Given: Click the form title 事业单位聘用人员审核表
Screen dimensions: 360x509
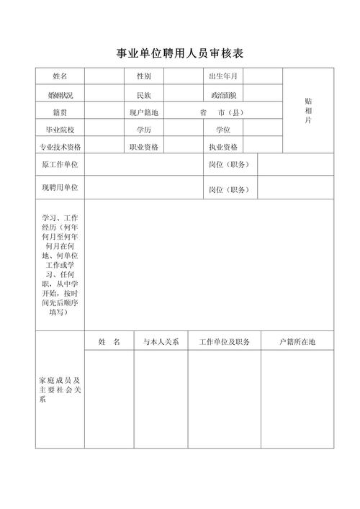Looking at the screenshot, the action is pyautogui.click(x=180, y=53).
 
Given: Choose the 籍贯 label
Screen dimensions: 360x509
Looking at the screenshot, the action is pyautogui.click(x=60, y=112).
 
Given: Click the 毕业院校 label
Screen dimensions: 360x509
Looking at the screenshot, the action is pyautogui.click(x=60, y=130).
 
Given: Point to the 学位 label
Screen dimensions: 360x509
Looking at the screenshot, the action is pyautogui.click(x=222, y=130).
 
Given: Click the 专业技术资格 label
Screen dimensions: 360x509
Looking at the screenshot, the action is pyautogui.click(x=60, y=146).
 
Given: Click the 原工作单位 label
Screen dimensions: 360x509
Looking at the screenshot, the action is pyautogui.click(x=60, y=164).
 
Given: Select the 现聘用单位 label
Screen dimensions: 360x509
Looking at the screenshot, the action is pyautogui.click(x=60, y=187).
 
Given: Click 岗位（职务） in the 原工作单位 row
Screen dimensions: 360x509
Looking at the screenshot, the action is pyautogui.click(x=228, y=164).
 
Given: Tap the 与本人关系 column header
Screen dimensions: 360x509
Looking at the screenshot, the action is pyautogui.click(x=161, y=341).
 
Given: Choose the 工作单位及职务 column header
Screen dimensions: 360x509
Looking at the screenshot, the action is pyautogui.click(x=224, y=341).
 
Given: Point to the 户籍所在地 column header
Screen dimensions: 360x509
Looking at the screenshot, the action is pyautogui.click(x=297, y=341).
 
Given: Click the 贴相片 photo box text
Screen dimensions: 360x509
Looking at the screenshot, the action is pyautogui.click(x=308, y=110).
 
